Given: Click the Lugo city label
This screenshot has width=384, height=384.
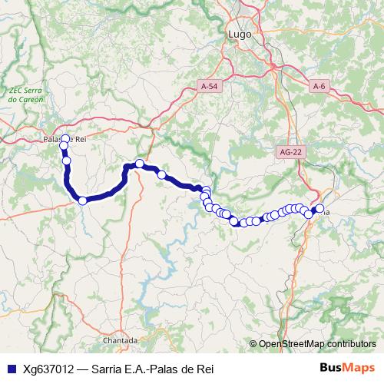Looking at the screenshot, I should pos(240,34).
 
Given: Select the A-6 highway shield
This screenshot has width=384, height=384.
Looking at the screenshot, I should pos(320,87).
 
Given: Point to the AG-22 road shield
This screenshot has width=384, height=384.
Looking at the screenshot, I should pos(290,152).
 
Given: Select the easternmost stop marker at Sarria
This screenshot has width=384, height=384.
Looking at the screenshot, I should pos(319,208).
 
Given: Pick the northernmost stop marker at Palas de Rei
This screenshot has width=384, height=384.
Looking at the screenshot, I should pos(65,139).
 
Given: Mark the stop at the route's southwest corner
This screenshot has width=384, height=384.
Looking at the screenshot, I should pos(82,200).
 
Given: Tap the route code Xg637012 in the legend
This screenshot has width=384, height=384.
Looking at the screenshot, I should pos(49,368).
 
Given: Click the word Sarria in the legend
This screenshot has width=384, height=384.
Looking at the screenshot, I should pos(106,368).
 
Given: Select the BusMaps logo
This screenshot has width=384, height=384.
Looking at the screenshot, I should pos(347,368).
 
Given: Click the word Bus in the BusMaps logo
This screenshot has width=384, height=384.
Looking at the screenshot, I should pos(333,368).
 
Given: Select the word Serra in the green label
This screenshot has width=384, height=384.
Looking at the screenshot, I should pos(31,90).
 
